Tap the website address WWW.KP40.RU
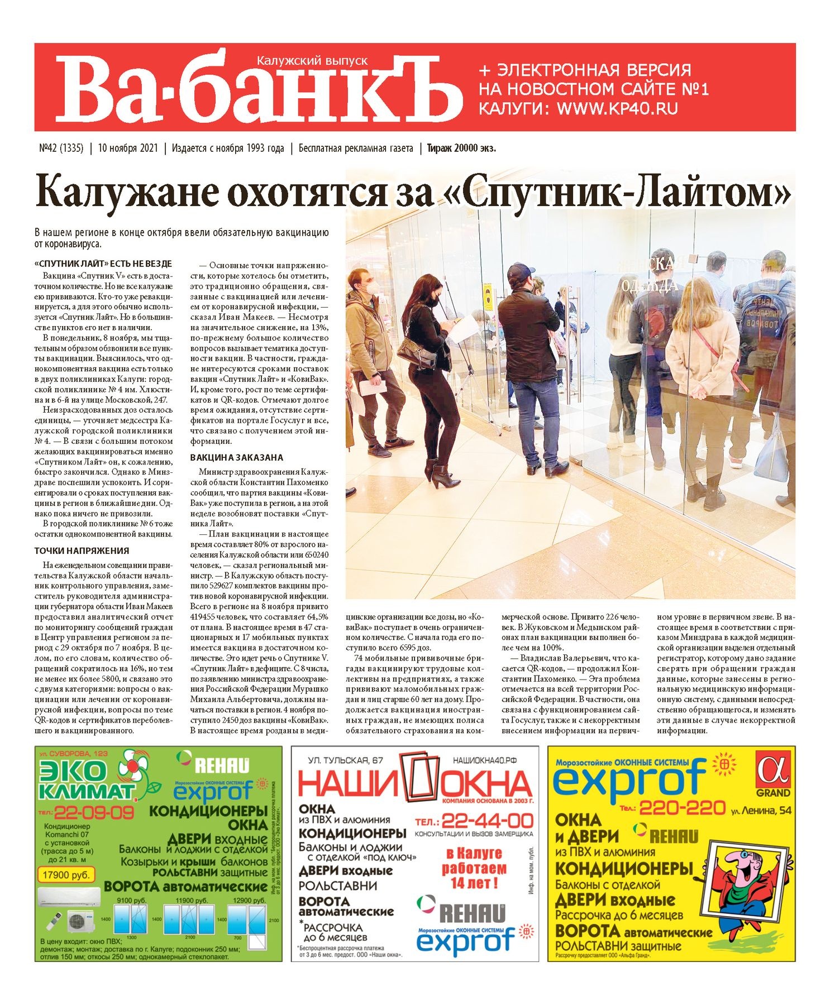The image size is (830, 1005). pyautogui.click(x=617, y=108)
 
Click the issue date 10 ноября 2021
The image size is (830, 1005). pyautogui.click(x=127, y=149)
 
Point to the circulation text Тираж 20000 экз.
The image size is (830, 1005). pyautogui.click(x=461, y=149)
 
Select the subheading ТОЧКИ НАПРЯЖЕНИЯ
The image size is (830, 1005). pyautogui.click(x=82, y=551)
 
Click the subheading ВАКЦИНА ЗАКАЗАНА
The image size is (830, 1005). pyautogui.click(x=236, y=457)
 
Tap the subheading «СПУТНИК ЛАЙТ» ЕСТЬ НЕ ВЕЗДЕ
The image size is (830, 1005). pyautogui.click(x=103, y=264)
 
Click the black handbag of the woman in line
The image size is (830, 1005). pyautogui.click(x=416, y=352)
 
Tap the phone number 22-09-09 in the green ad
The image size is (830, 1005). pyautogui.click(x=94, y=812)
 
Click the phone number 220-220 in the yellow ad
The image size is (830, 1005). pyautogui.click(x=681, y=807)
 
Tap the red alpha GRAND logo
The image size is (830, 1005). pyautogui.click(x=773, y=773)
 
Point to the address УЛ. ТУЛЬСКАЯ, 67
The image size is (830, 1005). pyautogui.click(x=346, y=760)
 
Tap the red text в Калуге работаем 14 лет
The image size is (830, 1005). pyautogui.click(x=474, y=869)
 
